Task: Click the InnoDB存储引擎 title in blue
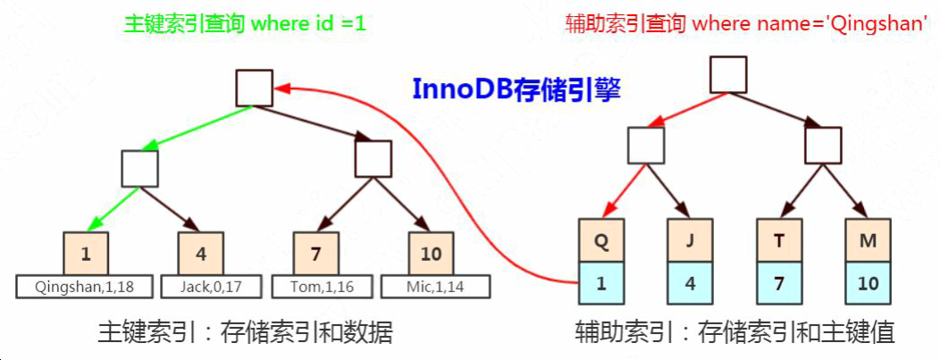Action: tap(516, 90)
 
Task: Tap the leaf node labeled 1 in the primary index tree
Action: tap(86, 254)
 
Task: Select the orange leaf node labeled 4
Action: tap(200, 254)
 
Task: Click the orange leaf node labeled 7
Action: tap(316, 254)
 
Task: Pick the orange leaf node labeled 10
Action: tap(431, 254)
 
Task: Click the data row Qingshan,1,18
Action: tap(86, 287)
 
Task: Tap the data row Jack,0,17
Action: tap(201, 287)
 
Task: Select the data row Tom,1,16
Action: tap(315, 287)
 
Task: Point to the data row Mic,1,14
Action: tap(435, 287)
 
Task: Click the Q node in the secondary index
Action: tap(600, 239)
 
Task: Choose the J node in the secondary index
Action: tap(689, 239)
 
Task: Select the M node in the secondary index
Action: tap(867, 239)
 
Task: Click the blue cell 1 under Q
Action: tap(600, 284)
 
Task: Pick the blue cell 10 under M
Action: tap(867, 284)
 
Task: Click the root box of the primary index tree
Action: tap(255, 88)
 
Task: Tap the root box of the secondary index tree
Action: tap(728, 75)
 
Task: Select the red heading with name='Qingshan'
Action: tap(745, 24)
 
